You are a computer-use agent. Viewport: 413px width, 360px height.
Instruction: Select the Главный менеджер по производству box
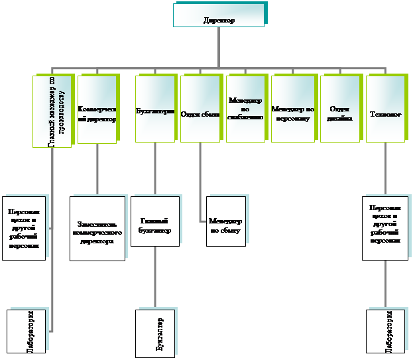point(52,111)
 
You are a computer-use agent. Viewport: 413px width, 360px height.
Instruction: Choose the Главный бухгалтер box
point(155,221)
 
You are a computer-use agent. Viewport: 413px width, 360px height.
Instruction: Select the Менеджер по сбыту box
point(225,221)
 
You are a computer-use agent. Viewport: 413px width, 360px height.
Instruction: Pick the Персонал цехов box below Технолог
point(384,227)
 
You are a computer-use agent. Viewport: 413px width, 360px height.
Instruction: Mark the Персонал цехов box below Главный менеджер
point(25,228)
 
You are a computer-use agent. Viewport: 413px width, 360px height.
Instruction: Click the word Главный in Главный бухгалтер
point(155,221)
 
